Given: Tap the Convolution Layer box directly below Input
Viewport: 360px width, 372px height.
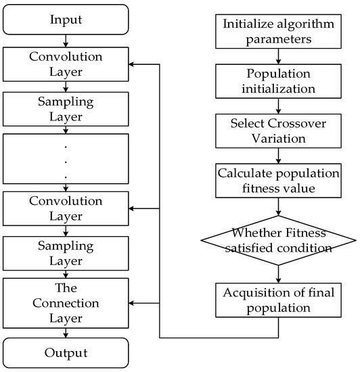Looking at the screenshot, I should coord(65,66).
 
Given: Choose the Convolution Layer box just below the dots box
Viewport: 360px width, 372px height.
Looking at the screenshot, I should coord(65,208).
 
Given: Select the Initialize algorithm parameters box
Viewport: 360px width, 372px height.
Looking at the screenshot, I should coord(277,31).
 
